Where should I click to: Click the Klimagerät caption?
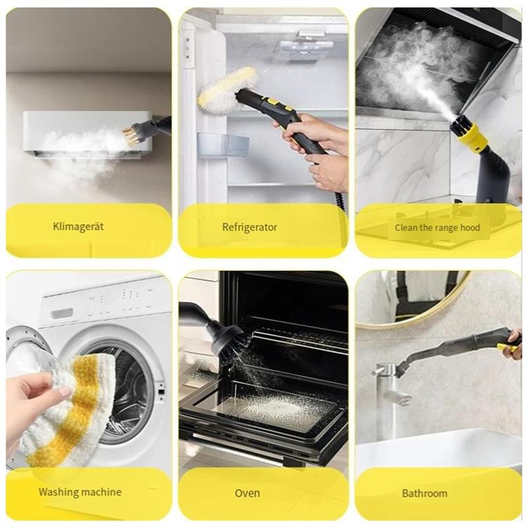(79, 227)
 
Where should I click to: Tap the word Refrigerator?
(249, 228)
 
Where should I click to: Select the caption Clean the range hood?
(438, 228)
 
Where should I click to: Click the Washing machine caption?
(80, 492)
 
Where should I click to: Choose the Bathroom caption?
(424, 493)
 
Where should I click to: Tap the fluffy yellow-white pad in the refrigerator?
(228, 88)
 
